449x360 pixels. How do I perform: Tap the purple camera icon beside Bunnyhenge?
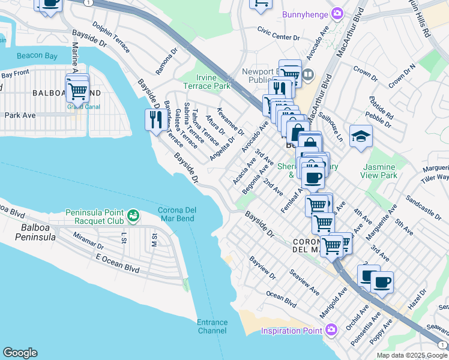tap(337, 13)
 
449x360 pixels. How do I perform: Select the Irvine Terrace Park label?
tap(214, 82)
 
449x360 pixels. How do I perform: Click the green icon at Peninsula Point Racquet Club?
tap(133, 214)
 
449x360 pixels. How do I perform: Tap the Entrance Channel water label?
tap(212, 326)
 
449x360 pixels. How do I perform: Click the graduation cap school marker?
tap(361, 136)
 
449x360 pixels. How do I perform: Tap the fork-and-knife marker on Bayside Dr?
tap(155, 120)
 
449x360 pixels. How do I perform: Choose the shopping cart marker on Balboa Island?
tap(77, 91)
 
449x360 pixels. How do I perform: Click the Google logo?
tap(20, 353)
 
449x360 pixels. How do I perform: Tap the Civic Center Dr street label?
tap(278, 37)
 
